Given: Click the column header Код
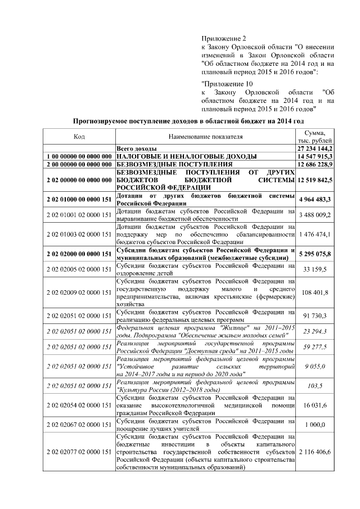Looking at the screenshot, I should [79, 136].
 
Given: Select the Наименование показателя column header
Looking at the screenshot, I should [205, 136].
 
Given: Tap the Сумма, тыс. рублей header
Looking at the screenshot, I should [315, 136].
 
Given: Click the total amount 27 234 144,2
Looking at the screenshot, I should [315, 147].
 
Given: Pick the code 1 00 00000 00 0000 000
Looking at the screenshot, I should [79, 155].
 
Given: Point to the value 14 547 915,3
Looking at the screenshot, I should [315, 155].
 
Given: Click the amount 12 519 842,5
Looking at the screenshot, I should [315, 179].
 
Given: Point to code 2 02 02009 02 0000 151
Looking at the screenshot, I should [79, 292].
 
